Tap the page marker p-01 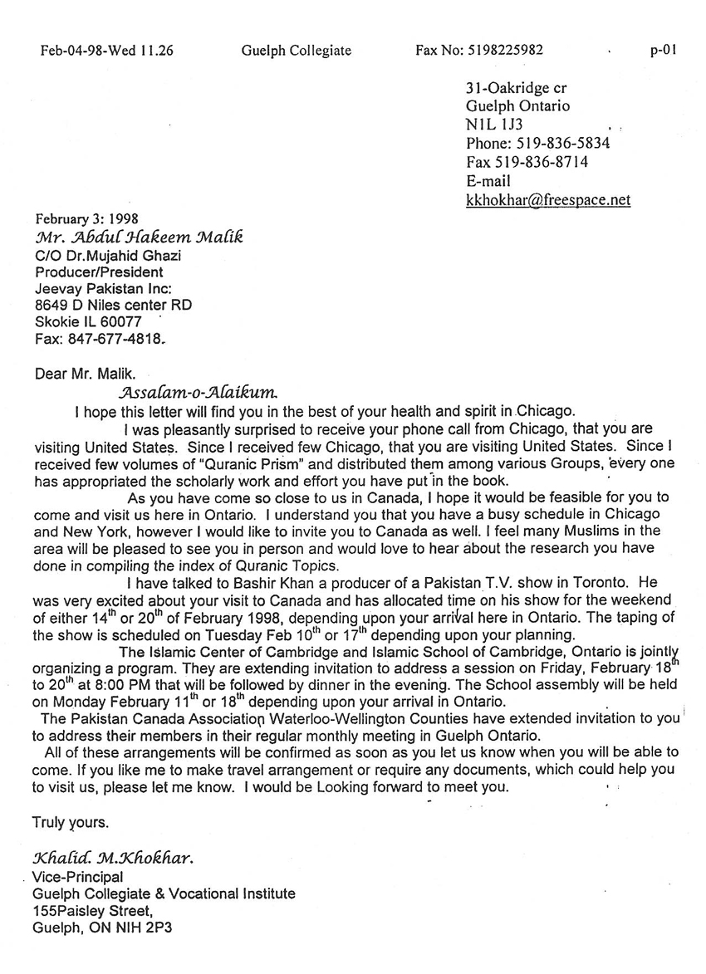664,50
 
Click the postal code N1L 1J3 494,125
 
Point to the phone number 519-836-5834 562,143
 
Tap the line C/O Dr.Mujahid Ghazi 107,255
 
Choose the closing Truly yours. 71,823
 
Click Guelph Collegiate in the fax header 297,51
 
